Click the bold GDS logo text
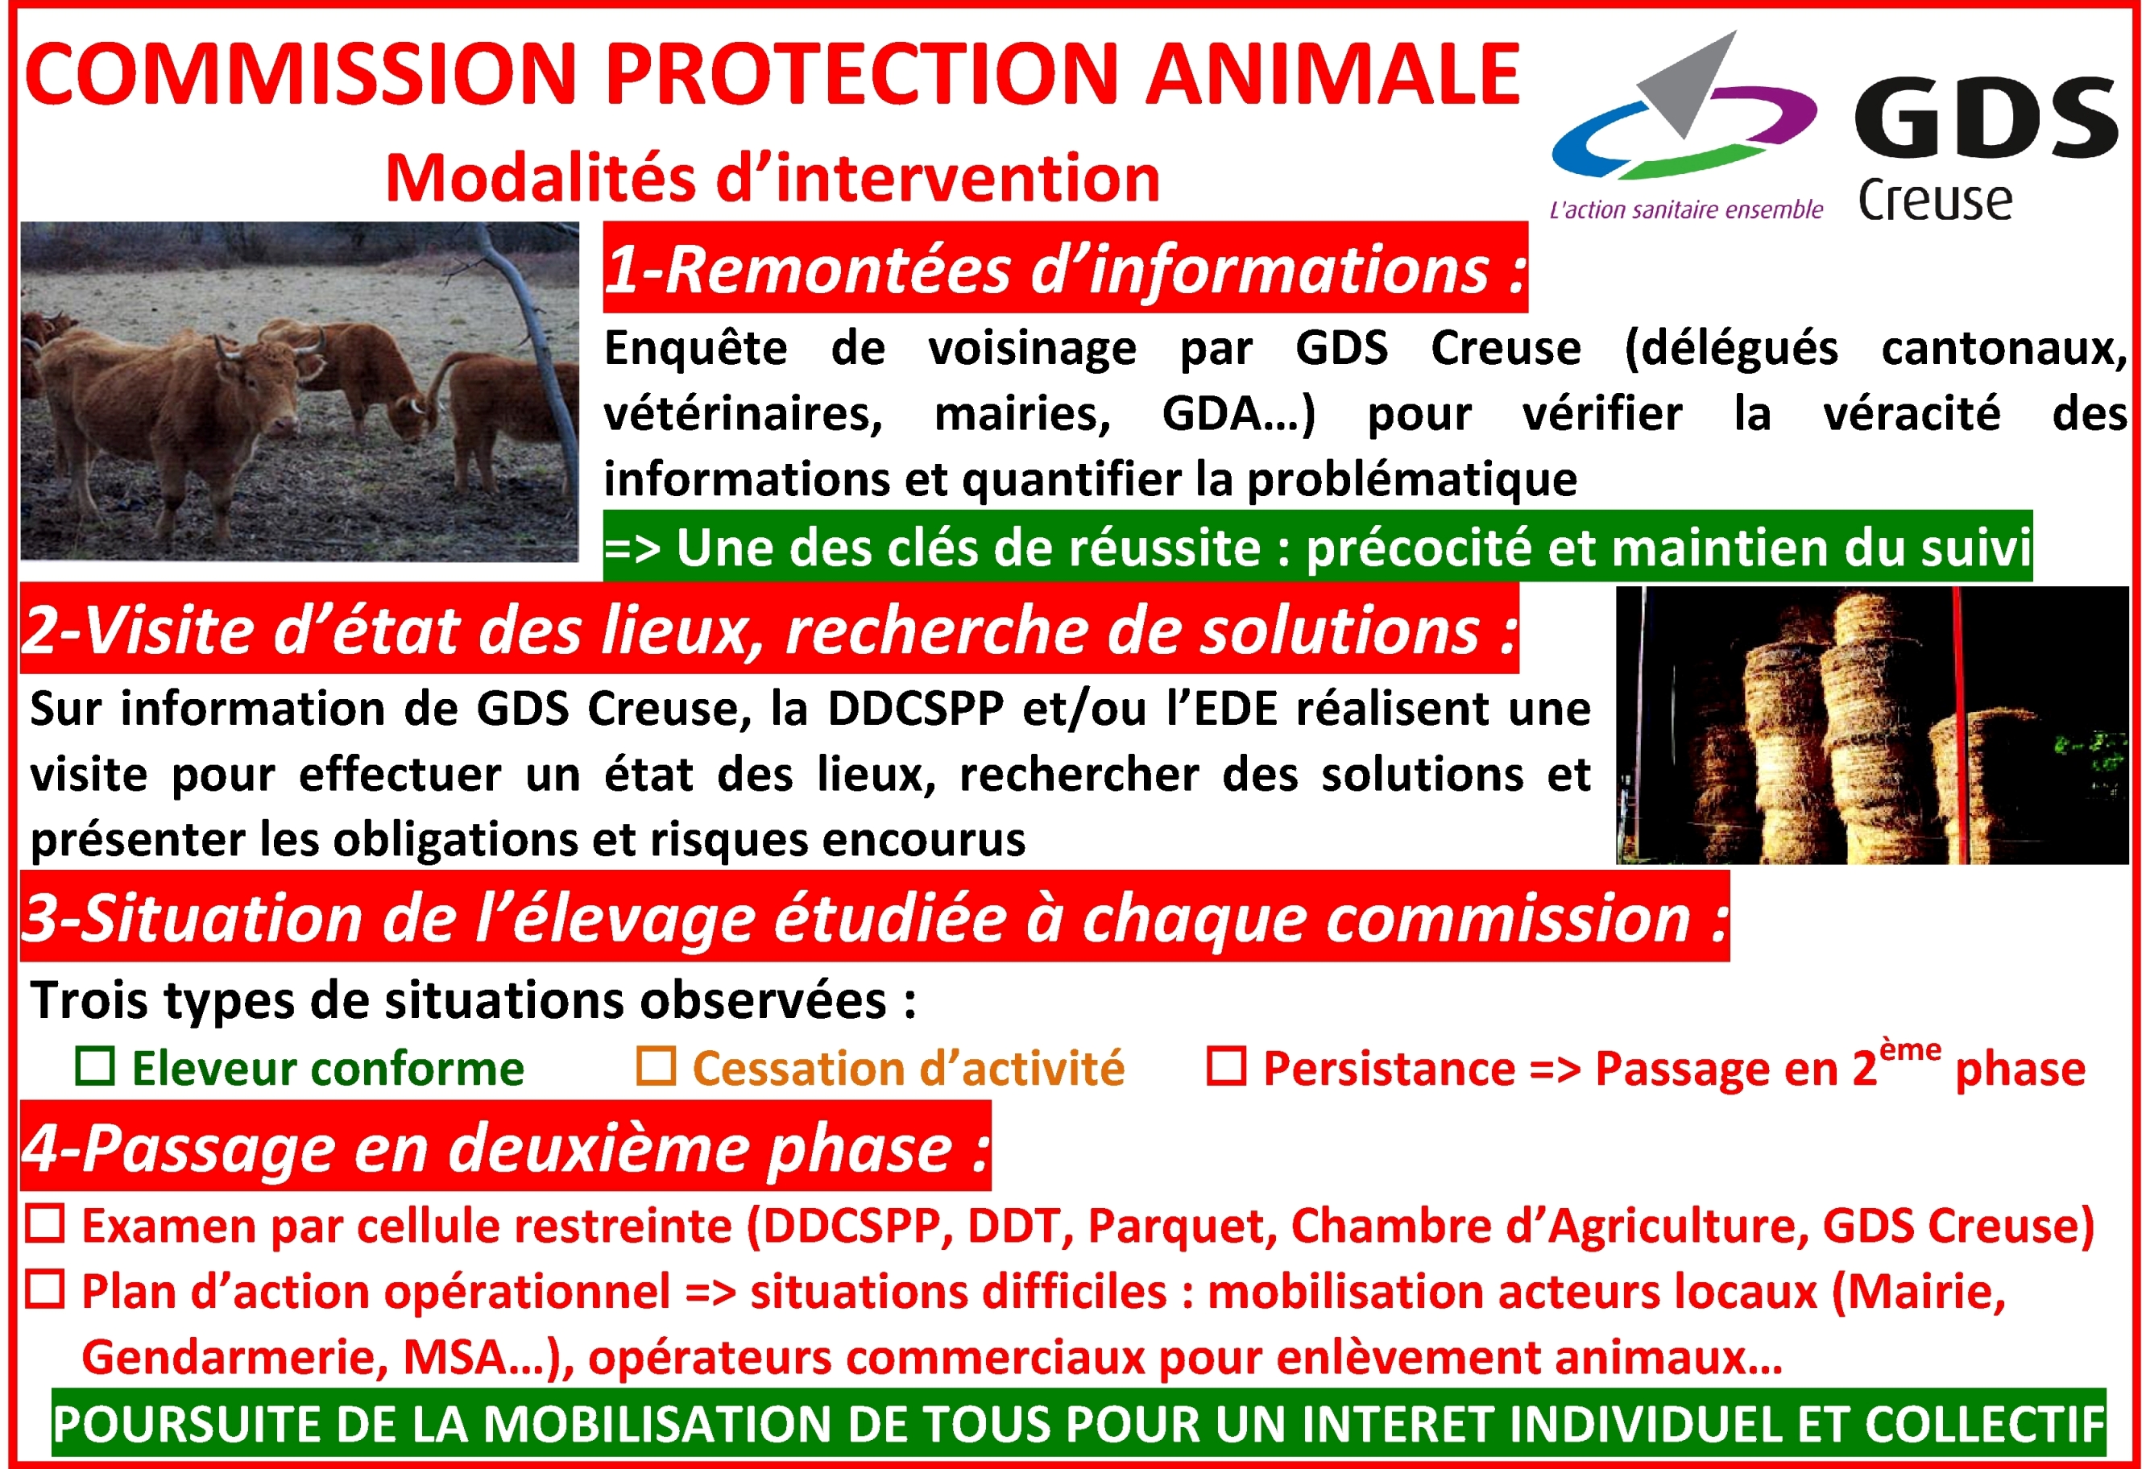[x=1986, y=118]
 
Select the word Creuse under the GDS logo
[x=1934, y=200]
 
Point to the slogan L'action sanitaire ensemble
[x=1686, y=209]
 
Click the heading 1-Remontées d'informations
[x=1066, y=269]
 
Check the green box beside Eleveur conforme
[x=95, y=1066]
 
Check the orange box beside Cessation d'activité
[x=656, y=1066]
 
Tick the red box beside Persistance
[x=1227, y=1066]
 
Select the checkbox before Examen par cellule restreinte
[x=44, y=1223]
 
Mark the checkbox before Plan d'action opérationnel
[x=44, y=1290]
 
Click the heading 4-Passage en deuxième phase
[x=506, y=1148]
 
